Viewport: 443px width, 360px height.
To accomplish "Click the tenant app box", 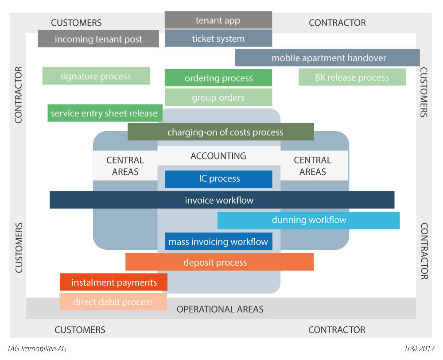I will click(218, 20).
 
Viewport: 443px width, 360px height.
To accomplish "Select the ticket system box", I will click(218, 39).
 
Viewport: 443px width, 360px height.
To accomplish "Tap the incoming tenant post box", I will click(98, 39).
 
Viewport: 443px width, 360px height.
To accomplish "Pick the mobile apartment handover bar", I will click(327, 58).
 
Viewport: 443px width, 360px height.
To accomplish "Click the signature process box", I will click(96, 76).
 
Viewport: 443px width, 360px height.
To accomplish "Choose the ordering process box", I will click(218, 78).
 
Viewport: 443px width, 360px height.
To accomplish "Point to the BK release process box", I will click(352, 77).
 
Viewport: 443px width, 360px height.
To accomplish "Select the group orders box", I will click(218, 97).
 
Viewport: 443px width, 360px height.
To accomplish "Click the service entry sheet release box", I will click(105, 113).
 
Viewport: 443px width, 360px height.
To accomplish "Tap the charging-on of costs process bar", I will click(221, 132).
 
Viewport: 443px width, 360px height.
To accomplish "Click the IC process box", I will click(219, 179).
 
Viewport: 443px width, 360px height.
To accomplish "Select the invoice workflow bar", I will click(221, 200).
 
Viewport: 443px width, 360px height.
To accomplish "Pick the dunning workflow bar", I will click(309, 220).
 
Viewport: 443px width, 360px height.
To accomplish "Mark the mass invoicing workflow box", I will click(218, 242).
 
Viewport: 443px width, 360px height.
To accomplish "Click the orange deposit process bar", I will click(219, 262).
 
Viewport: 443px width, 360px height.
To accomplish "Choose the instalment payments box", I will click(114, 282).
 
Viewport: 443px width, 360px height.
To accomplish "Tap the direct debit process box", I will click(113, 302).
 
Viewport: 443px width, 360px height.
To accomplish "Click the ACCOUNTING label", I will click(218, 156).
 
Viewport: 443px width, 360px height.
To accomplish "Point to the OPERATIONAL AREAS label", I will click(220, 309).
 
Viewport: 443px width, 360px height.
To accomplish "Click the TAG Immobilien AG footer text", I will click(37, 349).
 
